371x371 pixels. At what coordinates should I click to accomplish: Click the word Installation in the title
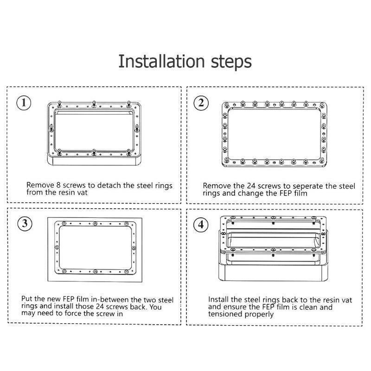(161, 61)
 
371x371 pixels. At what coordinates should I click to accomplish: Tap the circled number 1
(24, 103)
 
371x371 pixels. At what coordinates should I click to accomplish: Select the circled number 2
(201, 103)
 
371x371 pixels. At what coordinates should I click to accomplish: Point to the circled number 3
(25, 224)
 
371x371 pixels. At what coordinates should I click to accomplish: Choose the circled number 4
(201, 224)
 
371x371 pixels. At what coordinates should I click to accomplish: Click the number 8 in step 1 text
(58, 185)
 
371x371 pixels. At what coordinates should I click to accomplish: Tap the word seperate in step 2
(308, 186)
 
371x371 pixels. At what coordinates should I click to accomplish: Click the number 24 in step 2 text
(251, 186)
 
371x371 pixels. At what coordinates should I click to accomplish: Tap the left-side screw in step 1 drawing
(51, 128)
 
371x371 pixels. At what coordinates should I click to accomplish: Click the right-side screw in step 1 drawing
(137, 128)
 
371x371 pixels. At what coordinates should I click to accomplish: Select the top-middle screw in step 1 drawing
(94, 103)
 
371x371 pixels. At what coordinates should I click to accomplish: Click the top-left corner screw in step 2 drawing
(227, 105)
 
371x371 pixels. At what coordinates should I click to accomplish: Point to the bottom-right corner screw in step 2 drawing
(322, 160)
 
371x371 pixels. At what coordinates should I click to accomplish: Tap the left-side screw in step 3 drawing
(57, 248)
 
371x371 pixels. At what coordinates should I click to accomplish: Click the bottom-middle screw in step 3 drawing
(95, 272)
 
